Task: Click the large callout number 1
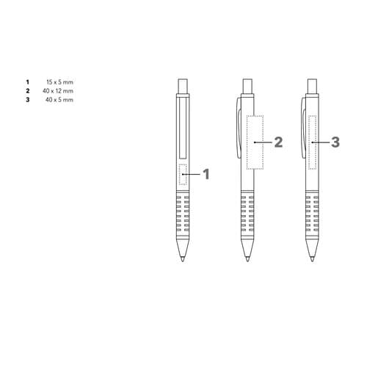206,174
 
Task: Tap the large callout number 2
278,142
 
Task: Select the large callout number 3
335,142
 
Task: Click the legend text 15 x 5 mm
59,82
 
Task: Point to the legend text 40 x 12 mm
58,91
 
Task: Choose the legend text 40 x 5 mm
59,100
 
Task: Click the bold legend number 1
28,82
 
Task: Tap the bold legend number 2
28,91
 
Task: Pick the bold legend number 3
28,100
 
